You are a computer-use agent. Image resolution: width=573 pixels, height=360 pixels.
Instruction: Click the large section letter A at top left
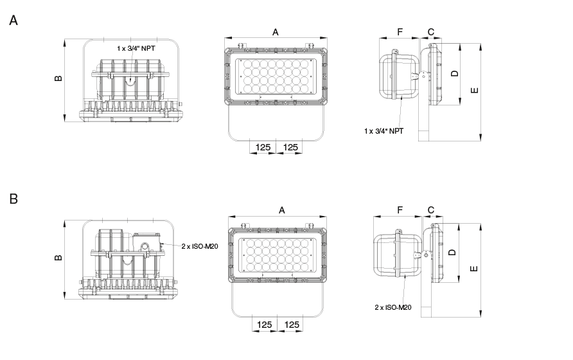tap(13, 20)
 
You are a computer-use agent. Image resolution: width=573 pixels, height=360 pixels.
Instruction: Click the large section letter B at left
tap(13, 199)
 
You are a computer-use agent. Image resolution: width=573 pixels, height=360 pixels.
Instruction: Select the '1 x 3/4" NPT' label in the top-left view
tap(136, 48)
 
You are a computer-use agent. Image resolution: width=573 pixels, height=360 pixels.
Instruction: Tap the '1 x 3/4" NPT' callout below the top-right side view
tap(383, 131)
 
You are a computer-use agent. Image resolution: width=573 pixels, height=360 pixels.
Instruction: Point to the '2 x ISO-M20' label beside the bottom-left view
tap(200, 246)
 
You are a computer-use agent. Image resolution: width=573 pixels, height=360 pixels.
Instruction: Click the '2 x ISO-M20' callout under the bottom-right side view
tap(393, 307)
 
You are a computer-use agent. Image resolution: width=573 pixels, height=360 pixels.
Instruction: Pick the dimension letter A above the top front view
tap(276, 33)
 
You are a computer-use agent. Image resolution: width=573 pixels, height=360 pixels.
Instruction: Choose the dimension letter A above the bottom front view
tap(282, 210)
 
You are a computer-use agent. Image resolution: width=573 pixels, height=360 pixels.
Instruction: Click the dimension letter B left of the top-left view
tap(58, 78)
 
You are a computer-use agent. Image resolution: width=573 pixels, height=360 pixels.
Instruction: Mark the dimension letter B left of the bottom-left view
tap(58, 258)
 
